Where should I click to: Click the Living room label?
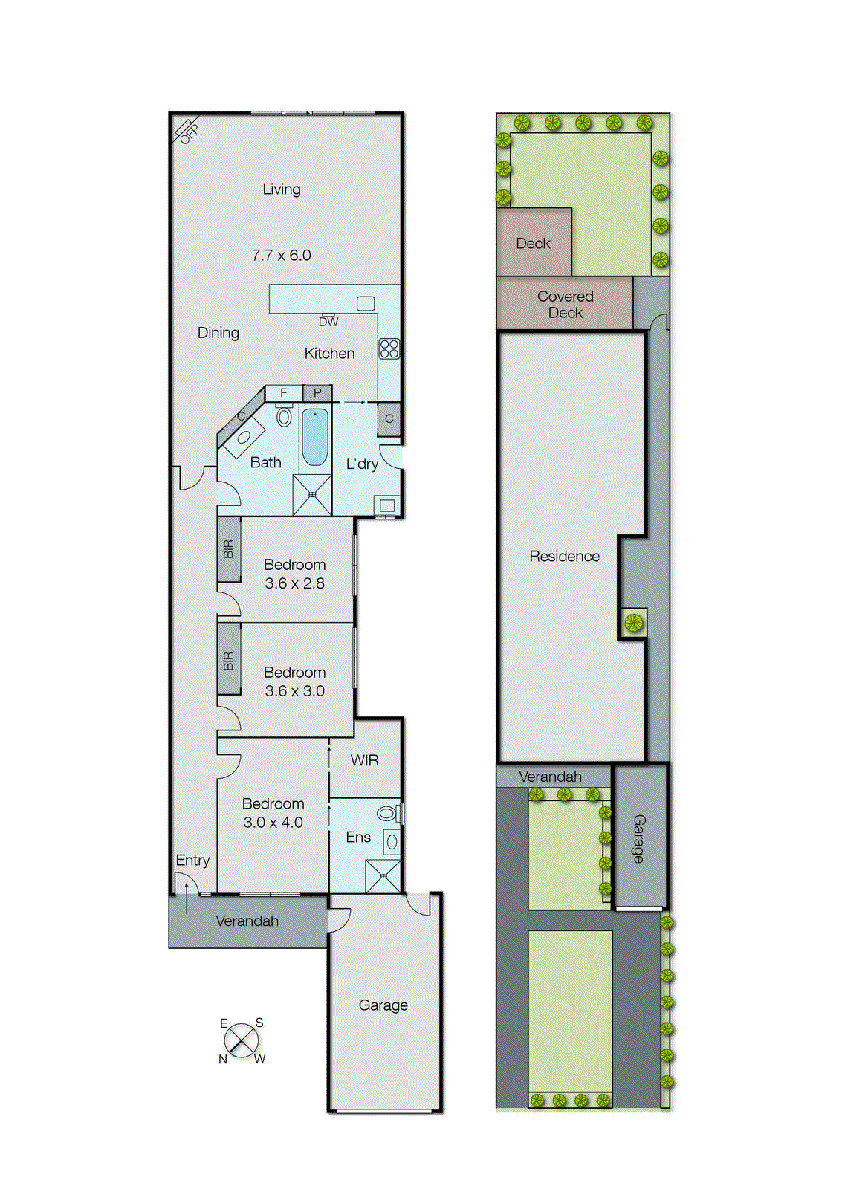282,189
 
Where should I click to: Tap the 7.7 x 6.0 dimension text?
281,256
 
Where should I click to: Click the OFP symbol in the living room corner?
187,131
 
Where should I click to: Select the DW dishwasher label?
328,323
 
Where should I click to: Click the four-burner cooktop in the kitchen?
389,349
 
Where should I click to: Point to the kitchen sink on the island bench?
365,303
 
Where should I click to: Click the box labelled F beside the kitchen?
284,393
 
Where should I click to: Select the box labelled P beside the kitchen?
317,393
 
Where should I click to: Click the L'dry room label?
362,464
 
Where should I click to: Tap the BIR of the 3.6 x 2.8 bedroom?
229,550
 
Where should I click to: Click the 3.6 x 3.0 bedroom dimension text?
294,691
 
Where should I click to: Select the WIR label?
364,760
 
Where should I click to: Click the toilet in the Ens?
388,814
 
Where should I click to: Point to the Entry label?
192,861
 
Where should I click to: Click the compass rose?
242,1040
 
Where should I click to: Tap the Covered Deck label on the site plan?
565,305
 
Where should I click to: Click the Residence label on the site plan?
564,557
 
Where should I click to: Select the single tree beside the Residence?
633,623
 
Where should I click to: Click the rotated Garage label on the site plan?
638,838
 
